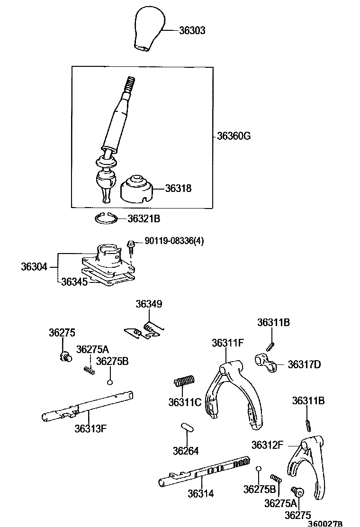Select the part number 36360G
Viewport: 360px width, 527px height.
click(234, 136)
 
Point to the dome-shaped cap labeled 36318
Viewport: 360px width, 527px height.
click(137, 190)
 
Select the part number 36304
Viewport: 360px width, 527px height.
click(34, 267)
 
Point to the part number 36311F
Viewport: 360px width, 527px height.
click(227, 343)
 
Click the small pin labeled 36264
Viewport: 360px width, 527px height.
click(187, 427)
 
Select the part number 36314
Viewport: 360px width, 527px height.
click(200, 494)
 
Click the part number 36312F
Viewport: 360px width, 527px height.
click(267, 445)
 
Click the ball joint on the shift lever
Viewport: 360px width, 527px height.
click(106, 180)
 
